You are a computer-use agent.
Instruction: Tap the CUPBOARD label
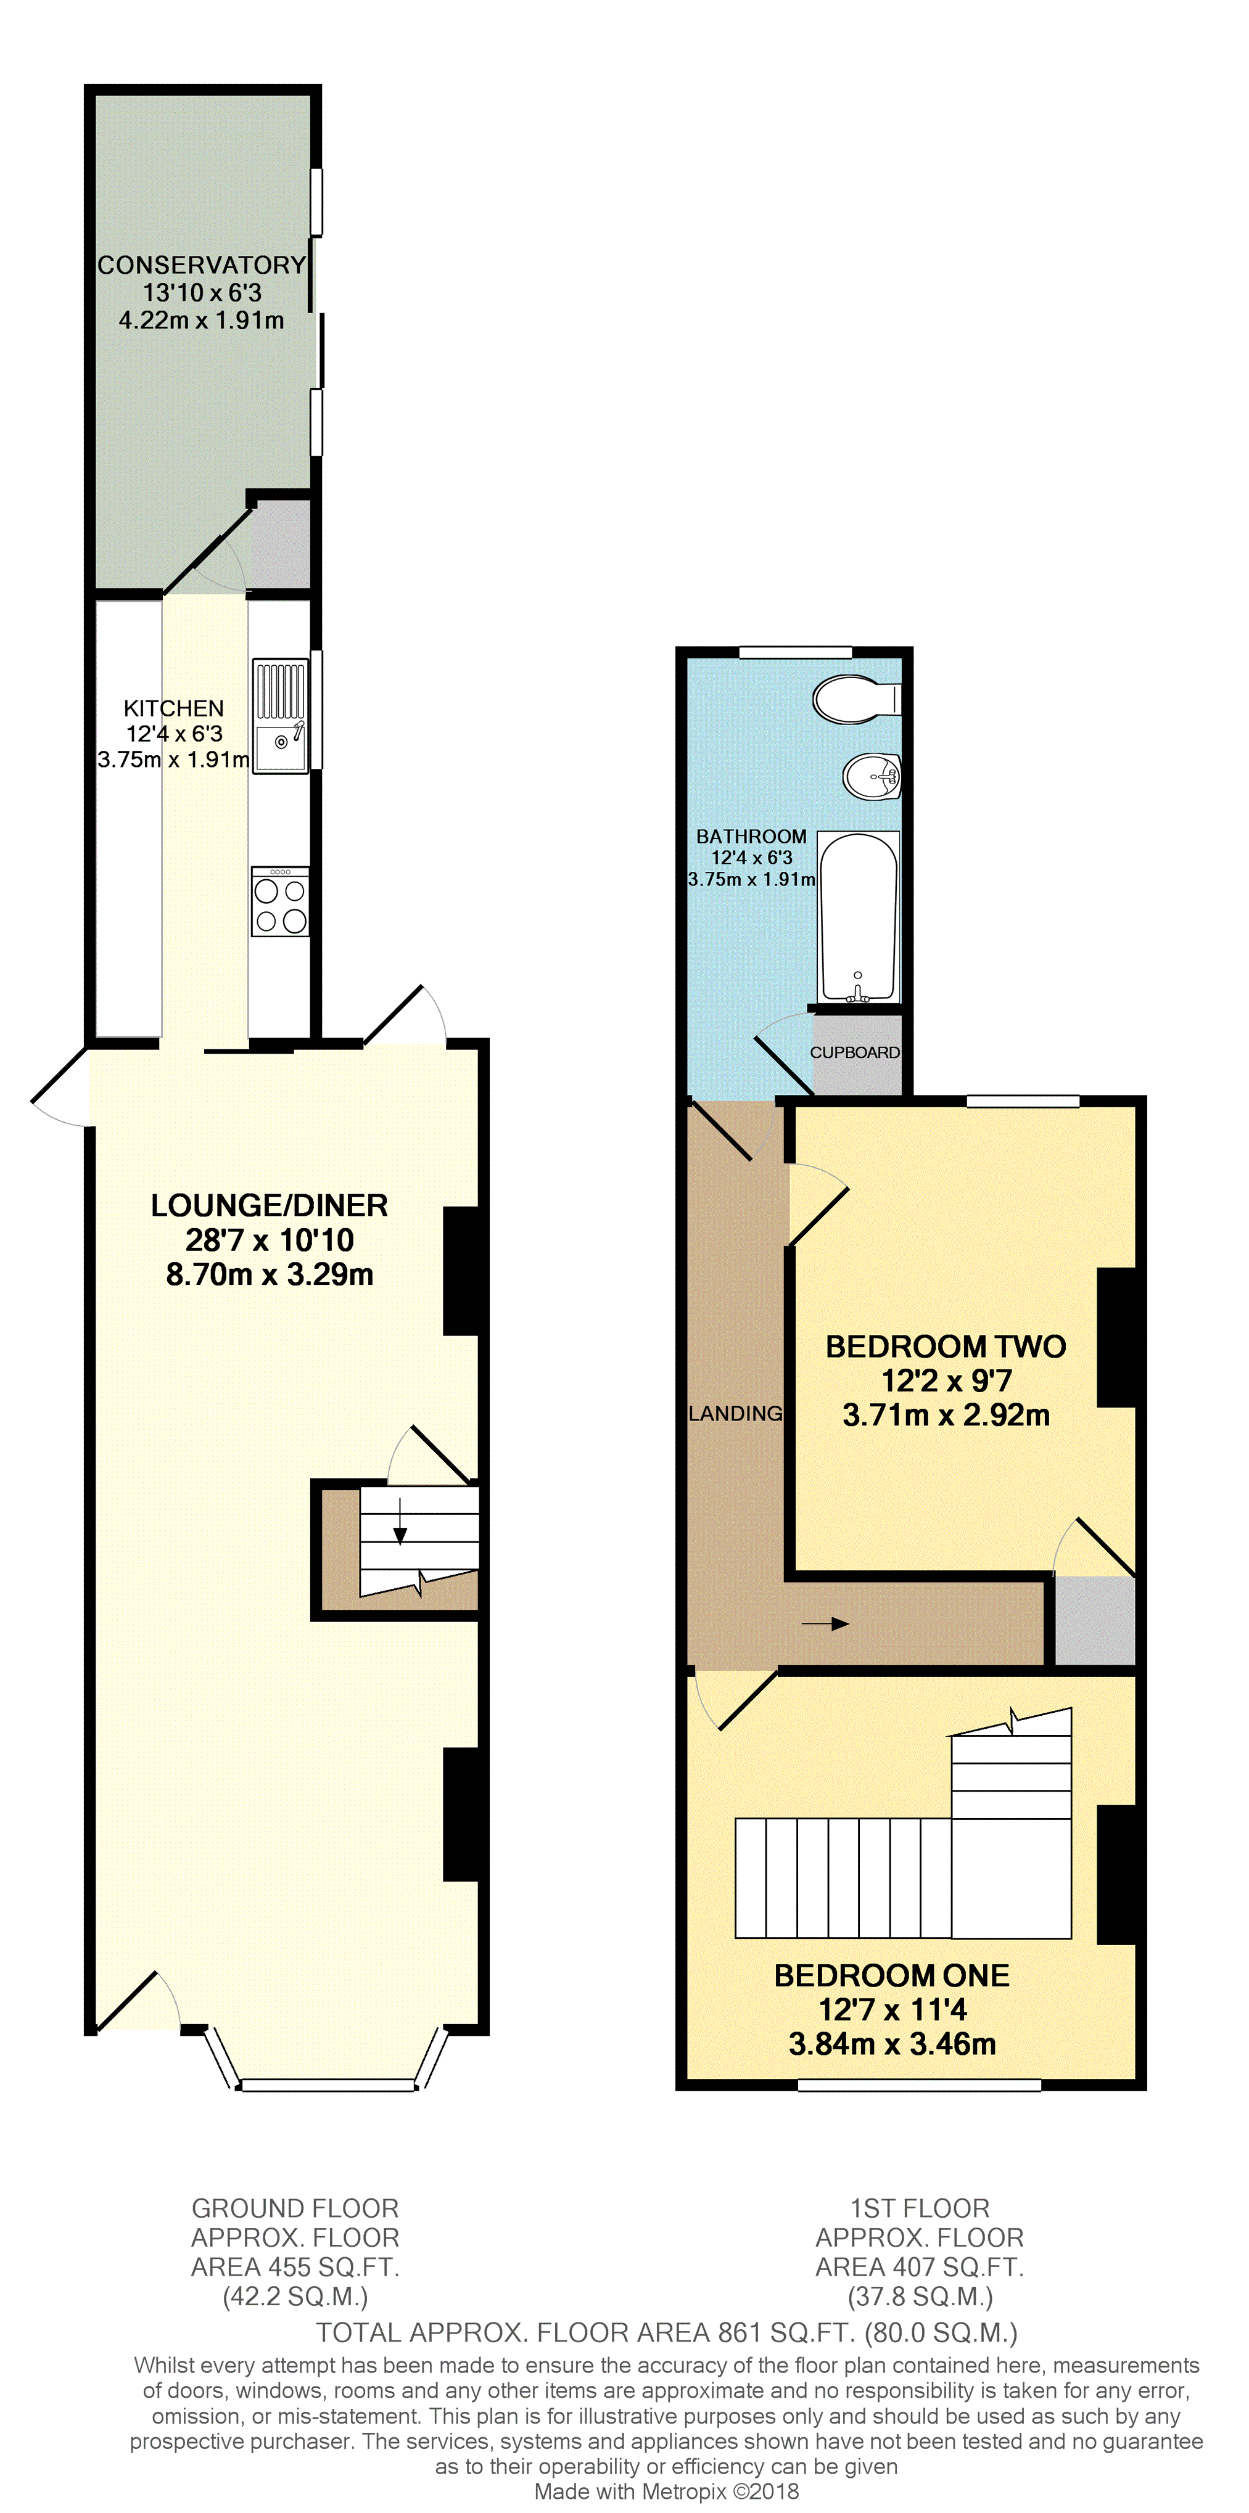coord(855,1052)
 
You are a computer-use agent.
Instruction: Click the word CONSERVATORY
coord(202,265)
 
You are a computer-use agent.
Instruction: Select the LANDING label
coord(736,1414)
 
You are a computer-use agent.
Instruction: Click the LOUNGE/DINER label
coord(270,1206)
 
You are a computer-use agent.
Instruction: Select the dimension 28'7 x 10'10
coord(270,1240)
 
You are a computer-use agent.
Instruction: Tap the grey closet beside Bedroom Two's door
coord(1095,1620)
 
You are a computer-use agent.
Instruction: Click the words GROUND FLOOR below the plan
coord(295,2208)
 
